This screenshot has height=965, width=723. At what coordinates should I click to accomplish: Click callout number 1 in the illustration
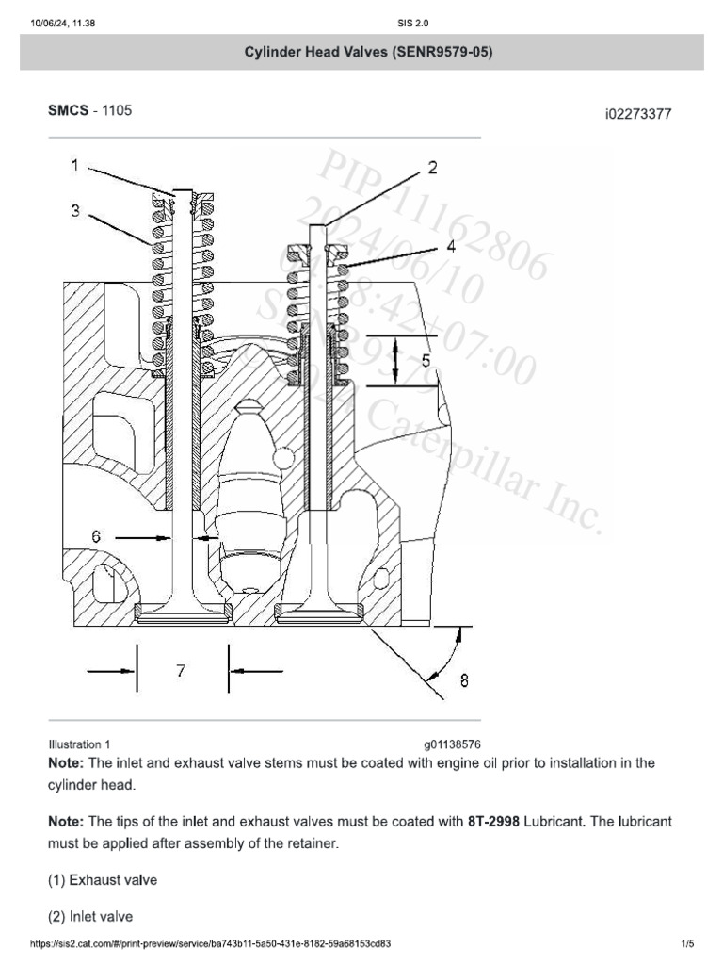pyautogui.click(x=72, y=166)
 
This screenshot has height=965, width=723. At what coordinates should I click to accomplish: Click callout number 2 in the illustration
pyautogui.click(x=432, y=168)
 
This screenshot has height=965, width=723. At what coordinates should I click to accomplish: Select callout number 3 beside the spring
pyautogui.click(x=74, y=211)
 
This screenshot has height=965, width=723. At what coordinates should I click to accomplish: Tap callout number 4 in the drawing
pyautogui.click(x=451, y=247)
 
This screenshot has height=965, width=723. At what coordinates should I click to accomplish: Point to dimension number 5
pyautogui.click(x=426, y=360)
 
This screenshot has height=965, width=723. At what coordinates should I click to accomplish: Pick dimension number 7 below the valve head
pyautogui.click(x=181, y=670)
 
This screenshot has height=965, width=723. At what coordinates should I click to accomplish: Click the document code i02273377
pyautogui.click(x=638, y=115)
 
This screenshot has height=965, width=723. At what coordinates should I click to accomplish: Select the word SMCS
pyautogui.click(x=68, y=110)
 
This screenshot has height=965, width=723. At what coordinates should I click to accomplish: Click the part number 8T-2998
pyautogui.click(x=493, y=822)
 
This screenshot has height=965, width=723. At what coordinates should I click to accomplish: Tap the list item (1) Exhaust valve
pyautogui.click(x=103, y=880)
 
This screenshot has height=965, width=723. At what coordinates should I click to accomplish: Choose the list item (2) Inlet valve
pyautogui.click(x=90, y=916)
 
